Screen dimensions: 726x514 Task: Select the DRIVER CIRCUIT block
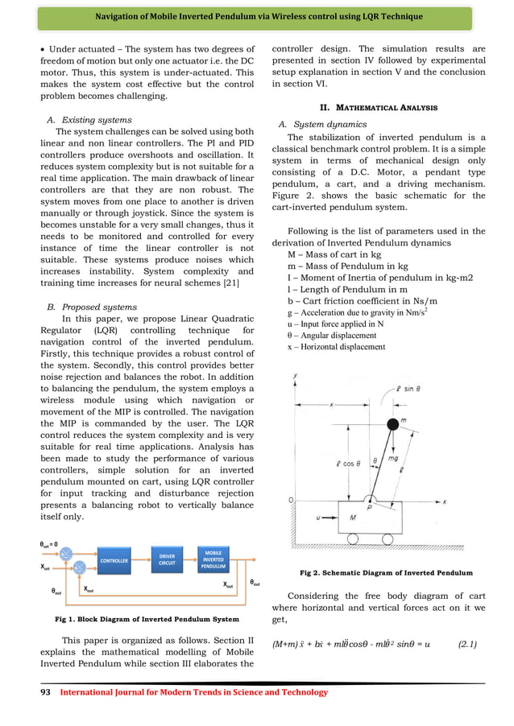[x=167, y=560]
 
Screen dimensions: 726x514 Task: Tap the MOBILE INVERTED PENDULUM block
[x=213, y=560]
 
